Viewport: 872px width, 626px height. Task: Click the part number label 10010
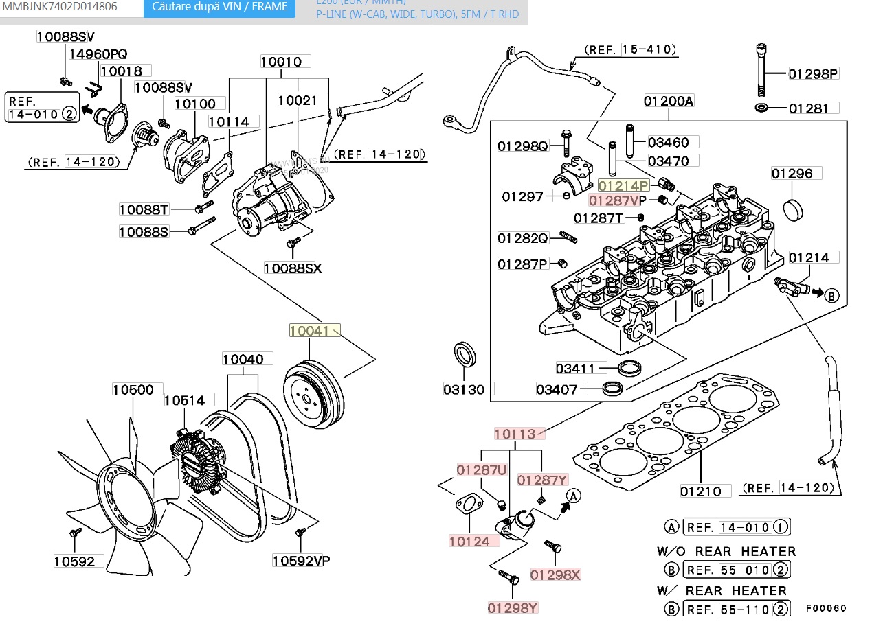click(x=281, y=62)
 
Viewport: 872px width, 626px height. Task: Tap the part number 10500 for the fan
click(x=133, y=390)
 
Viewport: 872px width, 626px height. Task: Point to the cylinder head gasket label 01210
click(x=701, y=491)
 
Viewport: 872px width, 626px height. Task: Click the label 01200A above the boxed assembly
click(x=668, y=102)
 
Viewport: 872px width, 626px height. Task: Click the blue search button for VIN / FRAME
click(x=220, y=8)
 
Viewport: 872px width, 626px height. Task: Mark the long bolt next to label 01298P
click(x=761, y=71)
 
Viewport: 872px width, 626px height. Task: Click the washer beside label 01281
click(x=762, y=108)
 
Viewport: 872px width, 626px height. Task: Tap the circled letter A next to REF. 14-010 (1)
click(x=672, y=527)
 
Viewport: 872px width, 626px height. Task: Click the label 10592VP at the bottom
click(x=301, y=561)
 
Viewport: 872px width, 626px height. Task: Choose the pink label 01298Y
click(x=513, y=607)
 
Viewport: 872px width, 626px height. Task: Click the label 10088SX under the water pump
click(x=293, y=268)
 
